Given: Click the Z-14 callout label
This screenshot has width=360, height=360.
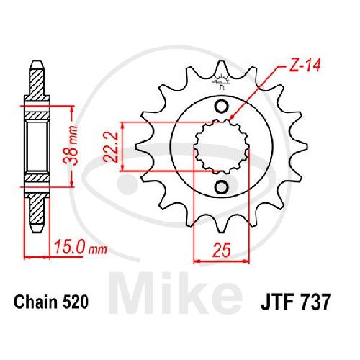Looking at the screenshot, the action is tap(305, 65).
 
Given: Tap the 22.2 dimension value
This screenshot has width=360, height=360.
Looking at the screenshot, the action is tap(111, 147).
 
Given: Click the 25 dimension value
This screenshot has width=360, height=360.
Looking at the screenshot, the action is tap(222, 250).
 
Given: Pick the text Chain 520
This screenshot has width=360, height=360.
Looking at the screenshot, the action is tap(51, 302).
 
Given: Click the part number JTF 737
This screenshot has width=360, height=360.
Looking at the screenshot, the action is tap(296, 302).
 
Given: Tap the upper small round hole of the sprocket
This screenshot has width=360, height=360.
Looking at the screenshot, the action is tap(221, 107).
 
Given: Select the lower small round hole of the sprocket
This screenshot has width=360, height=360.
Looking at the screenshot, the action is tap(221, 187).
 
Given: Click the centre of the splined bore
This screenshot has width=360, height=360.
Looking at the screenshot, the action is tap(221, 147).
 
